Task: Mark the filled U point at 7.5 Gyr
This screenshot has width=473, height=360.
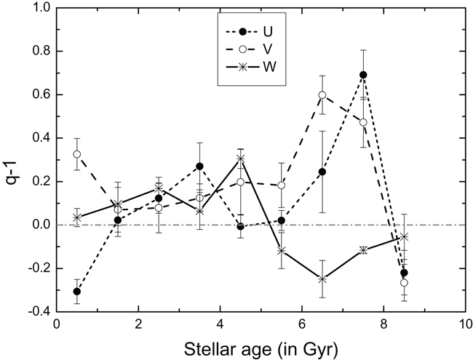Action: tap(363, 75)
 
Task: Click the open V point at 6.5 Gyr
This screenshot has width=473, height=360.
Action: tap(322, 95)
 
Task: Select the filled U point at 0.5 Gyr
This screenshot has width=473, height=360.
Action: tap(77, 291)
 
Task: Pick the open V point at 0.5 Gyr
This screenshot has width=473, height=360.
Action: tap(77, 154)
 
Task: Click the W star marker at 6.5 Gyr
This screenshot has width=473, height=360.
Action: tap(322, 279)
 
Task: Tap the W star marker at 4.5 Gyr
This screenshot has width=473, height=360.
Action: tap(241, 159)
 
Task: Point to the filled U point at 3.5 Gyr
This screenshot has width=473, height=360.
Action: tap(199, 167)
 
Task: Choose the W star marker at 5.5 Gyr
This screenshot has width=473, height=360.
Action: tap(282, 250)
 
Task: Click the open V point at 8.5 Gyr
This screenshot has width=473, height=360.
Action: tap(404, 282)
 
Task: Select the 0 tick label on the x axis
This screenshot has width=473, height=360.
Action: tap(57, 325)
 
